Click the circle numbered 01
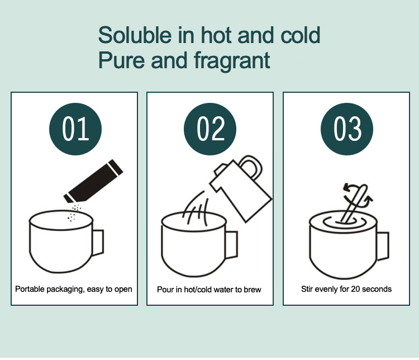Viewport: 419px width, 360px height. [x=75, y=129]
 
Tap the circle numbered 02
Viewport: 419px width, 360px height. [x=210, y=129]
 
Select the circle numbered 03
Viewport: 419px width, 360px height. [x=347, y=129]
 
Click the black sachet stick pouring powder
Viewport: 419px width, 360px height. [x=93, y=181]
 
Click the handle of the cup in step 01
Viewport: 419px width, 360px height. [x=98, y=242]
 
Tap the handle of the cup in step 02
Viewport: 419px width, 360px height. [x=232, y=245]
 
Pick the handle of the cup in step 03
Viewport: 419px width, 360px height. [x=383, y=246]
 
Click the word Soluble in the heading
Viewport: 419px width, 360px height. [x=135, y=35]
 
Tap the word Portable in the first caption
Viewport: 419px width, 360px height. [x=30, y=289]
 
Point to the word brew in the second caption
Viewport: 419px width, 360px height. [x=253, y=290]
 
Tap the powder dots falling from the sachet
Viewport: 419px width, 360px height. [x=74, y=212]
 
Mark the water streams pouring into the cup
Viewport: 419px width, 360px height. [x=195, y=209]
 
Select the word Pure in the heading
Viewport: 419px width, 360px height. [x=122, y=60]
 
